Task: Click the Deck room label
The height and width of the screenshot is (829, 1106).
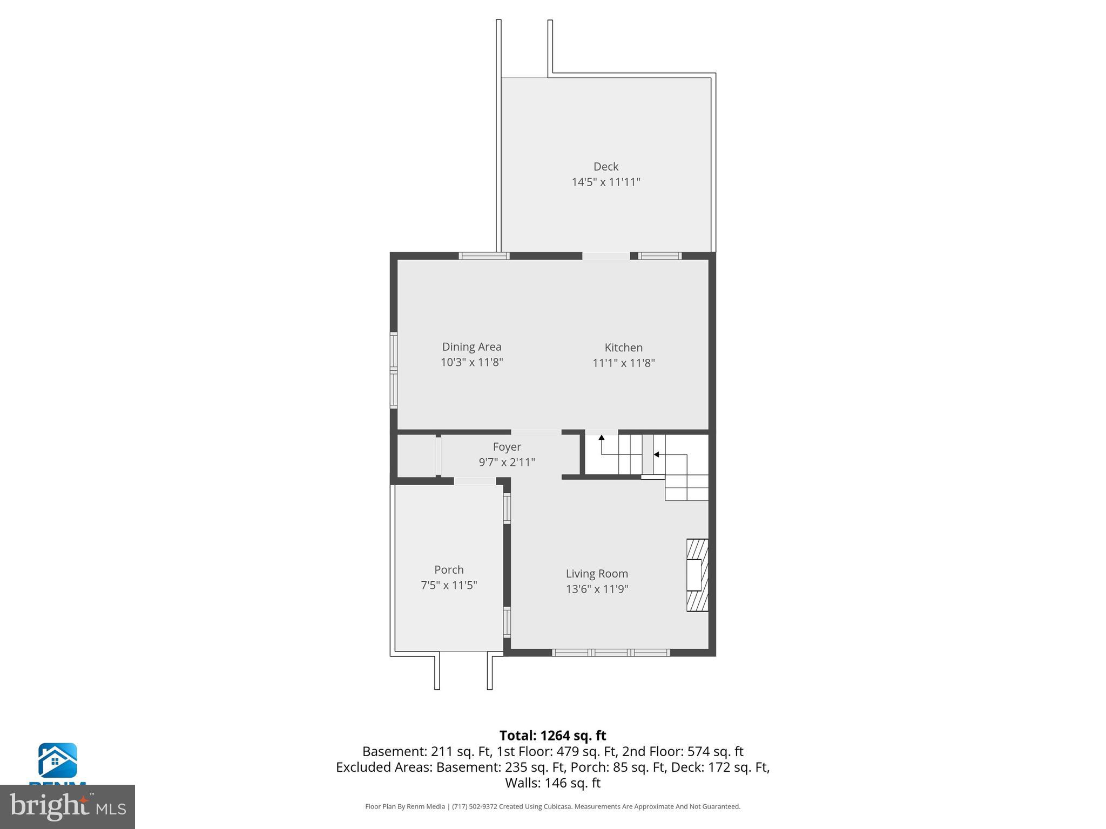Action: coord(605,167)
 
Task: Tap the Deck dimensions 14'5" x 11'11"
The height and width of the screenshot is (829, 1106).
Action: coord(605,182)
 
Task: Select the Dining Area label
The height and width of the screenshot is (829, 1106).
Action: coord(471,347)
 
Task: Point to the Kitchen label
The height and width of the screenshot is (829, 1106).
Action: coord(623,348)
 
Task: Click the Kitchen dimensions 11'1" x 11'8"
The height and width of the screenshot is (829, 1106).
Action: coord(623,363)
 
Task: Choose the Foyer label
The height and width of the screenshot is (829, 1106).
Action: coord(507,447)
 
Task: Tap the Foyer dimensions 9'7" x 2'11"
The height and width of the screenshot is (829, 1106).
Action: coord(507,463)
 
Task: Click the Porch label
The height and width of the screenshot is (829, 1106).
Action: coord(449,570)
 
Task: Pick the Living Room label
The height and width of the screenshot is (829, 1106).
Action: coord(597,574)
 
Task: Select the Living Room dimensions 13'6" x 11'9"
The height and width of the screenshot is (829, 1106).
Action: coord(597,589)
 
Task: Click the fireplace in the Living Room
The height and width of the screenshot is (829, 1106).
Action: coord(697,575)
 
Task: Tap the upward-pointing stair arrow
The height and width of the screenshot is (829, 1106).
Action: coord(601,438)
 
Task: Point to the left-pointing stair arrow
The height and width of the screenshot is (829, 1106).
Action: coord(656,455)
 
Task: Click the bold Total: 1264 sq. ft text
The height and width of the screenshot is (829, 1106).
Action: coord(552,736)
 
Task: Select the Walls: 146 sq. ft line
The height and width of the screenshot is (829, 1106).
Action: coord(552,783)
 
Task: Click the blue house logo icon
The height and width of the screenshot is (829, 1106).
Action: coord(57,760)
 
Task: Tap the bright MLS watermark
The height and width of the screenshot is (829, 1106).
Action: coord(68,807)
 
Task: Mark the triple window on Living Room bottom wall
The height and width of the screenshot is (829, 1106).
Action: coord(611,653)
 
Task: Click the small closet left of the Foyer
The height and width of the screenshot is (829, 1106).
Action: coord(416,456)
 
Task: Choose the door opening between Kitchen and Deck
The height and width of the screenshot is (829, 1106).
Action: coord(605,256)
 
